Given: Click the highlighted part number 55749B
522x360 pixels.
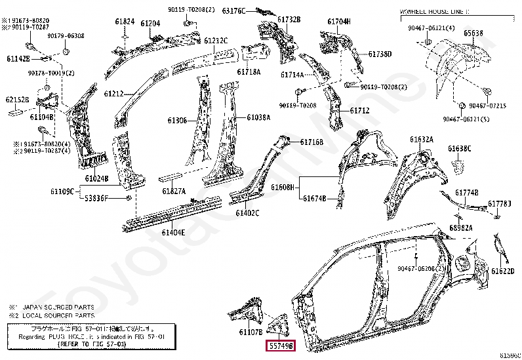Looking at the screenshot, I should [280, 345].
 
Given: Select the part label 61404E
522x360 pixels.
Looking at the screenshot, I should [174, 232].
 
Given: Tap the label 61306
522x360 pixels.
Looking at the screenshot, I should [177, 121].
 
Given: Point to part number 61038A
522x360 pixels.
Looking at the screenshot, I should [258, 117].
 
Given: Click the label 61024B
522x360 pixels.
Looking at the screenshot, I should [96, 178].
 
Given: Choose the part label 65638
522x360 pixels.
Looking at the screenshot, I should [473, 32].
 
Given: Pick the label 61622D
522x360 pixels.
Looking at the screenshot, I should [504, 271].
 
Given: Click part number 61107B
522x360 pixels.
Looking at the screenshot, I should [251, 331].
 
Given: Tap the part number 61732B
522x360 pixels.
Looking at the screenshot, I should [289, 20].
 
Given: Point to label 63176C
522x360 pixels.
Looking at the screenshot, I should [233, 11].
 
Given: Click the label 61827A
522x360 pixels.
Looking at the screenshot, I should [174, 191].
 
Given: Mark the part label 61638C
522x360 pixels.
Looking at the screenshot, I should [460, 148].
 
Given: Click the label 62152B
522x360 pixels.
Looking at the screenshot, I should [17, 100].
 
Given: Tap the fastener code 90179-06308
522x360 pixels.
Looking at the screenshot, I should [66, 35].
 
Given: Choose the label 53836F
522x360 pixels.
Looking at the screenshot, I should [96, 198].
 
